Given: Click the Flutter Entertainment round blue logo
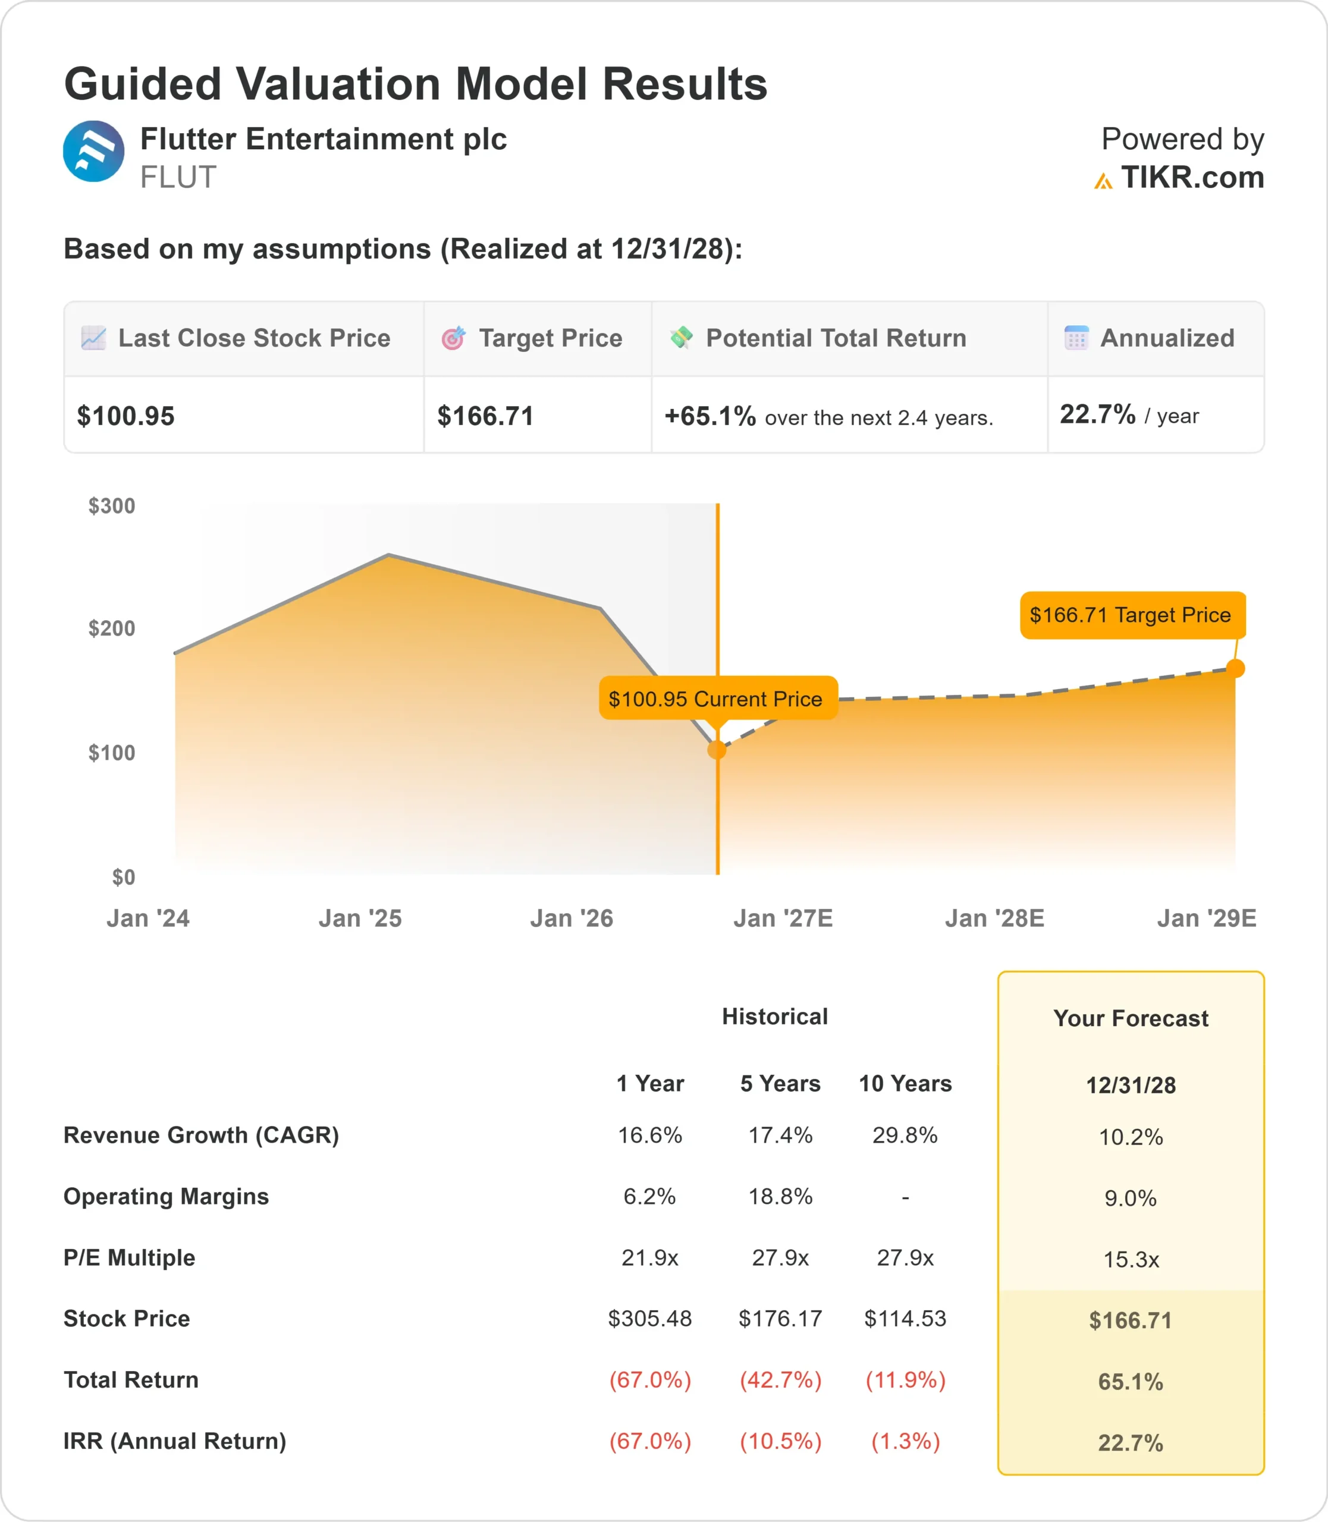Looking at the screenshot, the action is tap(93, 151).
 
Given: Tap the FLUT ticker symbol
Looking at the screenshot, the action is tap(178, 177).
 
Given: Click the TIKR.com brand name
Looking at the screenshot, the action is tap(1192, 177).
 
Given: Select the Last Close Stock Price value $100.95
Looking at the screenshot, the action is tap(126, 416).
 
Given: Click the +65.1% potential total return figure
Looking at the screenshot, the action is tap(710, 416).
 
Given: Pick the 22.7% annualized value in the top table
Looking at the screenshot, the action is tap(1097, 414).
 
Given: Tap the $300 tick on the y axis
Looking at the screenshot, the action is tap(112, 506).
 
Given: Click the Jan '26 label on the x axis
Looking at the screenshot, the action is tap(572, 918).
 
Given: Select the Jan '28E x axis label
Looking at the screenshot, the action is tap(994, 918).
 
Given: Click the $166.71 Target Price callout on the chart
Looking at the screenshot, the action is tap(1133, 615).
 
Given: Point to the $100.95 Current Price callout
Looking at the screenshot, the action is tap(718, 698).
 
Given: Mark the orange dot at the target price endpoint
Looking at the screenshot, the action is tap(1235, 668).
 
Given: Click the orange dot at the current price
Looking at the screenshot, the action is tap(717, 750).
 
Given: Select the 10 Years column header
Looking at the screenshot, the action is tap(905, 1083).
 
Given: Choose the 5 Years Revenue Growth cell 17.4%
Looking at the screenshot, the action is tap(780, 1135).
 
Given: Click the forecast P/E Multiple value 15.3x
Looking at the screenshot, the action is tap(1131, 1259).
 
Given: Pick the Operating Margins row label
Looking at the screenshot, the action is tap(166, 1197).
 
